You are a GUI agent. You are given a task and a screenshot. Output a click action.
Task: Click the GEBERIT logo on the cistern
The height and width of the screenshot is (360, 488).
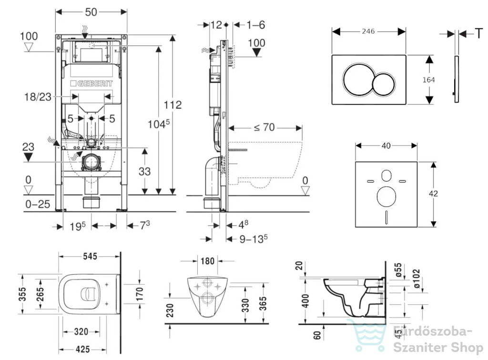point(91,83)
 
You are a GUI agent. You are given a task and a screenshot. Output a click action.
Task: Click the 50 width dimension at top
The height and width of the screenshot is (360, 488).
point(91,12)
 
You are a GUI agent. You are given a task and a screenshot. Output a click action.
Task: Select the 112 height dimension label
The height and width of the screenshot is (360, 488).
point(173,104)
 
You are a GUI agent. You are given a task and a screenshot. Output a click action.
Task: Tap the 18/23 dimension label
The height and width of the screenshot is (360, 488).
point(38,97)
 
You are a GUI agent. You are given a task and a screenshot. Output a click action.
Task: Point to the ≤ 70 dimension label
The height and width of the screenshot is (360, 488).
point(264,127)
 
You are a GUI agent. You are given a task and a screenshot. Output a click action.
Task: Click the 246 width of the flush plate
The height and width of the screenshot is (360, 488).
point(368,31)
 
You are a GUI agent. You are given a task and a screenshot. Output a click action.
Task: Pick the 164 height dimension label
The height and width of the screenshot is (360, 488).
point(428,80)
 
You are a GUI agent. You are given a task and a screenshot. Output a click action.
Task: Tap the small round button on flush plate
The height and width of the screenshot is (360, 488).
point(384,84)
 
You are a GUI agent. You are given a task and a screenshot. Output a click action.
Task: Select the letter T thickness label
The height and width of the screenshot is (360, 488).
point(479,33)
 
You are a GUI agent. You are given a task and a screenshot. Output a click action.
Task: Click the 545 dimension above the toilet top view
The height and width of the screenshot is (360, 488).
point(90,256)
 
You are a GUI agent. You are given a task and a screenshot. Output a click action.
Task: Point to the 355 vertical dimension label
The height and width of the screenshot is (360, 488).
point(22,294)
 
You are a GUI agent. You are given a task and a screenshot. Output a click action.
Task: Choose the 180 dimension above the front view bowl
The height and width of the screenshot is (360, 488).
point(208,260)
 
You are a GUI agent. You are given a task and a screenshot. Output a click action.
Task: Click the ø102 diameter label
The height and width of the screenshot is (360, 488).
point(416,278)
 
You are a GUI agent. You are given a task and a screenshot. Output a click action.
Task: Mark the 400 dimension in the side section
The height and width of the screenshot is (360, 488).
point(305,300)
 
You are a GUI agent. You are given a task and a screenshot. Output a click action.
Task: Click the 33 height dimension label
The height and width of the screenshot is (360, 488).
point(144,171)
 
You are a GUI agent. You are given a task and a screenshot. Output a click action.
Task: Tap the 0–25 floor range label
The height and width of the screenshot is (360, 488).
point(38,204)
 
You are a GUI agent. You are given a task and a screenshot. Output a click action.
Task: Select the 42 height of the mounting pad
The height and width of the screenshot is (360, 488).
point(433,194)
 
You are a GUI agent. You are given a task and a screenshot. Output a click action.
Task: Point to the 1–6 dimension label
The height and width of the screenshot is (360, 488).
point(255,25)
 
